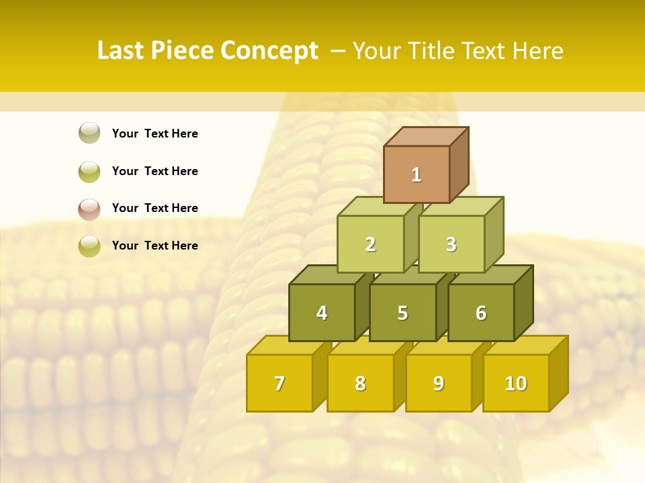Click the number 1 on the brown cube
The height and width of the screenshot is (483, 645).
coord(417,175)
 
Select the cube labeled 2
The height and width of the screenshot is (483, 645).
coord(370,245)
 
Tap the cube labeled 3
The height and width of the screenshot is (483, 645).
coord(451,245)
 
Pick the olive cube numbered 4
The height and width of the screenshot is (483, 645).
coord(322,313)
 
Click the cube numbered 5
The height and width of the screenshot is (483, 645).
coord(402,313)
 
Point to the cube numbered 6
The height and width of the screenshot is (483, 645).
coord(481,313)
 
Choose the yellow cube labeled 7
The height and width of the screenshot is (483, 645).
coord(279,384)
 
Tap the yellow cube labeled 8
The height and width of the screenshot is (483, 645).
coord(360,384)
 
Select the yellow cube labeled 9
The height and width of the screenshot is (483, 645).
coord(438,384)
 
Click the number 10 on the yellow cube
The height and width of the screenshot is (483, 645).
coord(515,384)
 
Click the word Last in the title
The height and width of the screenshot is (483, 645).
coord(121,51)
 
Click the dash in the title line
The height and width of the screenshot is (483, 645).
coord(339,51)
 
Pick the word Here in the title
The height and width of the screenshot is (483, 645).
coord(537,51)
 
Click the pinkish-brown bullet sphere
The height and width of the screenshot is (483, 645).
coord(89,209)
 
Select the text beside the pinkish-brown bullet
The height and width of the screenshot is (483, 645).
coord(155,209)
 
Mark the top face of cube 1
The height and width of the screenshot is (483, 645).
coord(426,136)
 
